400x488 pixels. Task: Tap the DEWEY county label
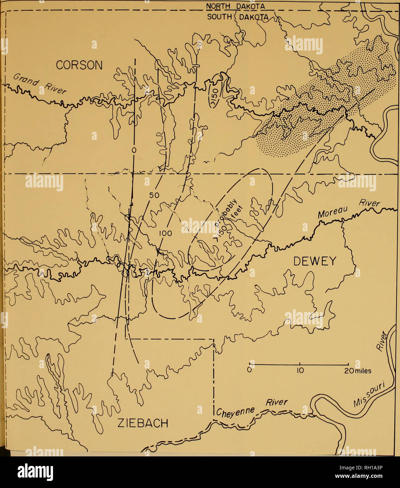(314, 261)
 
